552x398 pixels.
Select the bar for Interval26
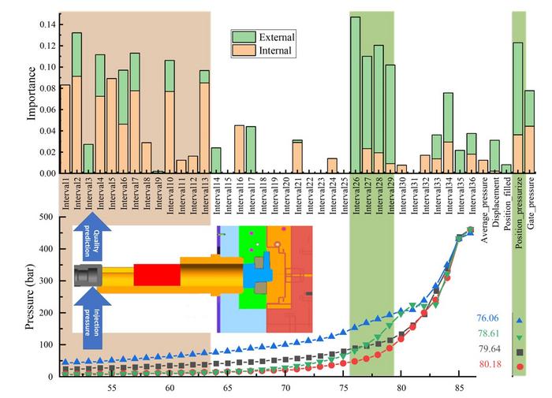355,95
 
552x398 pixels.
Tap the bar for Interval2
76,102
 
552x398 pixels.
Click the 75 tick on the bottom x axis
343,388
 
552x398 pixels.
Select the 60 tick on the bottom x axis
170,388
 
